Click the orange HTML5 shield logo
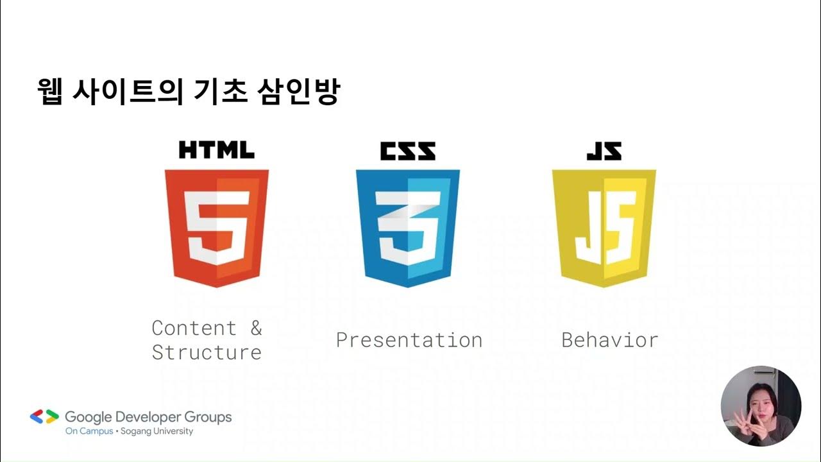[216, 228]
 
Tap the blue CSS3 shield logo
[407, 228]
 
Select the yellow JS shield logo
[604, 228]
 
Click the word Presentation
[409, 340]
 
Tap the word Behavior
[609, 340]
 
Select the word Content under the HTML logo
[194, 328]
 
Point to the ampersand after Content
[256, 328]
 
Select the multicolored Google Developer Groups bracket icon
[44, 417]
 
